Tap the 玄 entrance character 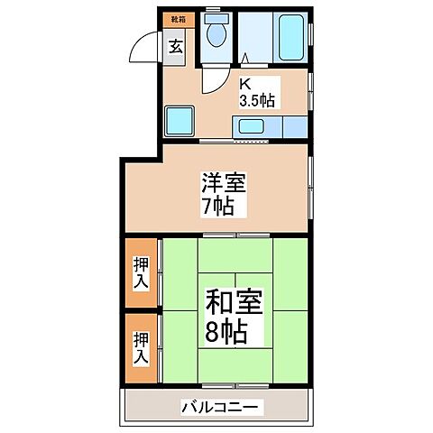click(175, 47)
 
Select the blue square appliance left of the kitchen click(179, 121)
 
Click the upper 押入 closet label click(143, 270)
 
